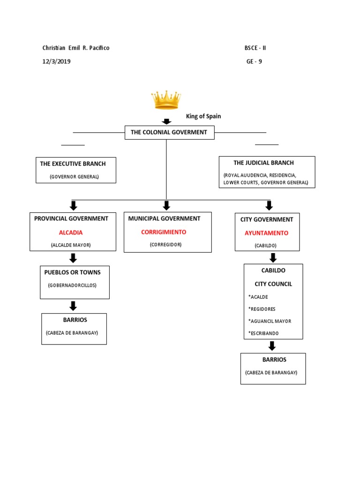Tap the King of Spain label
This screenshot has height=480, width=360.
click(203, 116)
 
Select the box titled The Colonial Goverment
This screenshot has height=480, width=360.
click(169, 133)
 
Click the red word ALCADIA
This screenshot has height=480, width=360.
click(71, 232)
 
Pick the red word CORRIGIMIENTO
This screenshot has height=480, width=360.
click(164, 232)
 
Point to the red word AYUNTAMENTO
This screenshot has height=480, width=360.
click(266, 233)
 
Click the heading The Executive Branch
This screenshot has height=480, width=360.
click(73, 164)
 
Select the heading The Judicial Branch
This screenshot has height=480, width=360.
click(263, 163)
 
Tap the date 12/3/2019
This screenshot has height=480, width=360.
click(57, 61)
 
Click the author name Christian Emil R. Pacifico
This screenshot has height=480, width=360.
click(76, 48)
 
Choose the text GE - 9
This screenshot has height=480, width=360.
click(254, 61)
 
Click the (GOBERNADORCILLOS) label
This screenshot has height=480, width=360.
click(72, 285)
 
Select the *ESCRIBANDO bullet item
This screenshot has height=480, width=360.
click(263, 333)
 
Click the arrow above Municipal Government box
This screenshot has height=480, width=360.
click(166, 205)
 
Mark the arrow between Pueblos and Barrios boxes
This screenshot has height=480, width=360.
click(73, 306)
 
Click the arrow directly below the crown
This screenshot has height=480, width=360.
click(166, 122)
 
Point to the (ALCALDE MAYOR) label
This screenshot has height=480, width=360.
click(71, 245)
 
